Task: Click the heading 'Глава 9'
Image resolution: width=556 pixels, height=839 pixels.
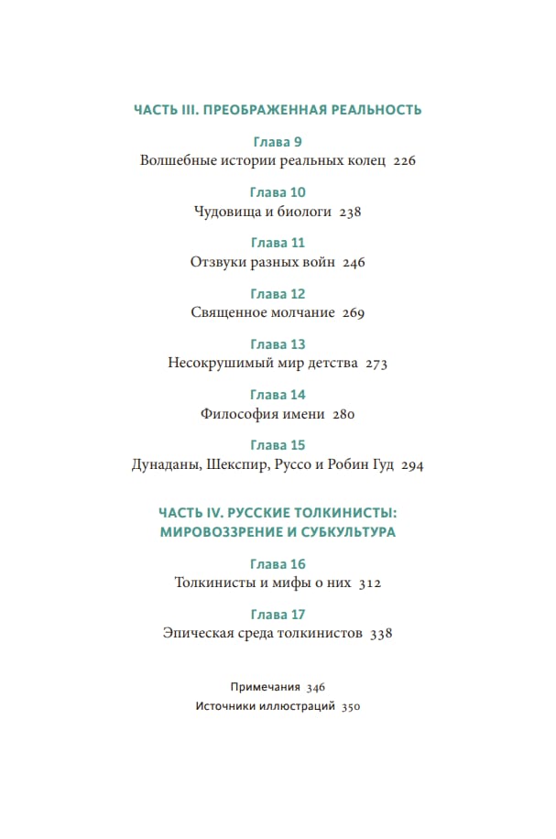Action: (x=277, y=142)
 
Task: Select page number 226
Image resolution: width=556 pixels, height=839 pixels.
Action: (x=404, y=161)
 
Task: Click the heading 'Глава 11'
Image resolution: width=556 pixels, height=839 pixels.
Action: (x=277, y=243)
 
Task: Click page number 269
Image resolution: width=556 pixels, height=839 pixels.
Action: (x=354, y=313)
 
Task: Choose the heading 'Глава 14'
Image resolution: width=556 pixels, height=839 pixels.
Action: (x=277, y=395)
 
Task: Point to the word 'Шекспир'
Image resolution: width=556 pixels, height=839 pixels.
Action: (x=236, y=465)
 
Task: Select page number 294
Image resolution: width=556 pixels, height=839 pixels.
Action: (x=412, y=465)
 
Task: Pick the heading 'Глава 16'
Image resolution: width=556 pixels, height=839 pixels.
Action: (x=277, y=563)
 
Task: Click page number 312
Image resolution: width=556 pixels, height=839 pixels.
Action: (x=369, y=583)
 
